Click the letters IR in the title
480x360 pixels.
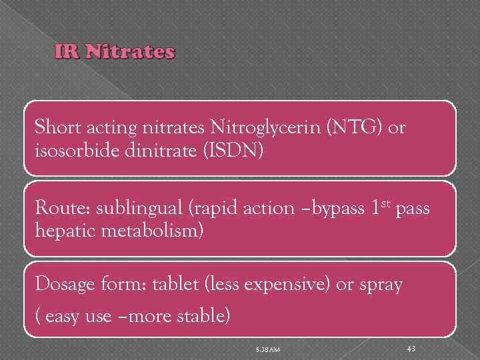tap(68, 52)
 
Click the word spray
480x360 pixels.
tap(380, 285)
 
